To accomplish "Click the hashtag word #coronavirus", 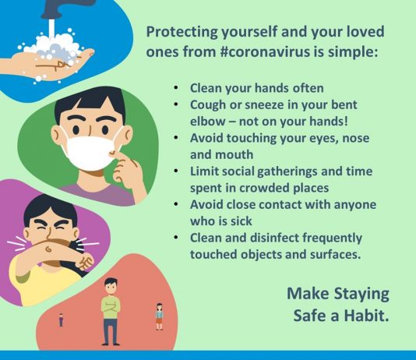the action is pos(265,51).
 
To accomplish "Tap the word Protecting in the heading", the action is pos(182,32).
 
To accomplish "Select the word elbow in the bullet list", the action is pos(207,122).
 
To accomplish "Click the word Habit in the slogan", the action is pos(366,315).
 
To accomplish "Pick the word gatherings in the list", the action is pos(287,172).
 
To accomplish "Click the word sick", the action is pos(241,221).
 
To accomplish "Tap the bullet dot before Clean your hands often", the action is pos(175,87).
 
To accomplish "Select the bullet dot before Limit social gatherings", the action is pos(175,171).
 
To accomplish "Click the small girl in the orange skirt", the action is pos(159,316).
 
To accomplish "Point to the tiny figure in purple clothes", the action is pos(61,320).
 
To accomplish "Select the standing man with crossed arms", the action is pos(111,312).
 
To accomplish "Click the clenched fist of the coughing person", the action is pos(86,262).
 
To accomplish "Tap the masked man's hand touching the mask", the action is pos(127,172).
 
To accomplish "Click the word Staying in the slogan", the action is pos(361,294).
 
